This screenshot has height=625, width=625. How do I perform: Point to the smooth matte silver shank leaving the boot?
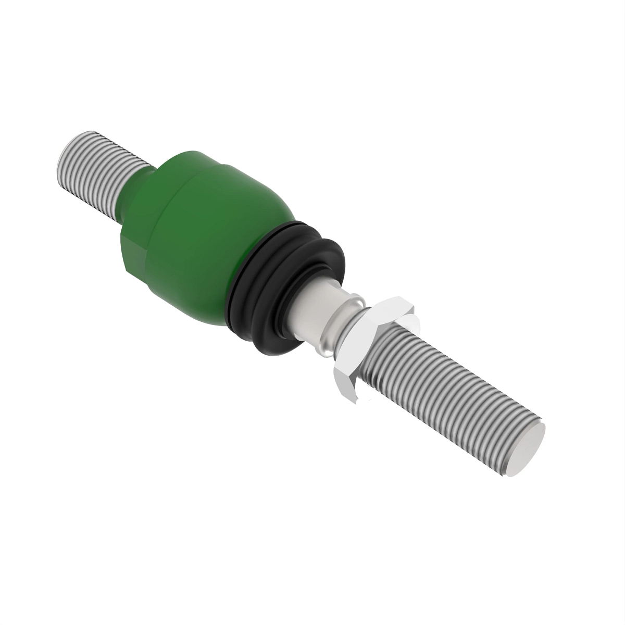[307, 318]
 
